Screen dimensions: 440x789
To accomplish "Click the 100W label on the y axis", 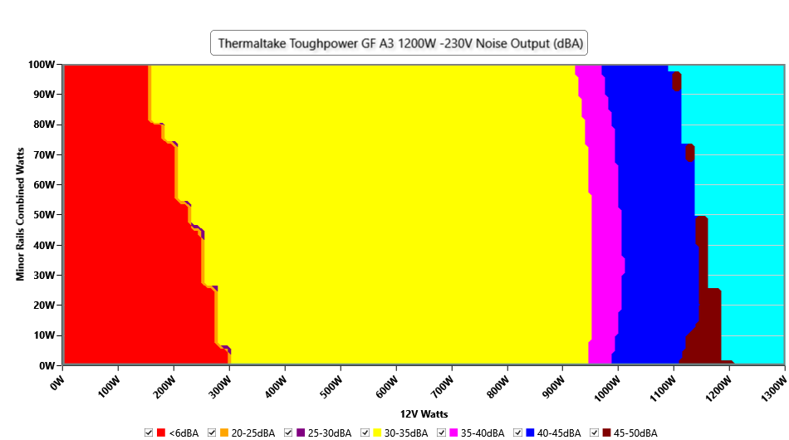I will click(41, 64).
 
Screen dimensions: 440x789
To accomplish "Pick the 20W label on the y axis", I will click(44, 305).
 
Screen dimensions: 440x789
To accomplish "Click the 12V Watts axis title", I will click(424, 413).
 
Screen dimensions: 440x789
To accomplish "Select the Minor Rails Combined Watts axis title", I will click(21, 215).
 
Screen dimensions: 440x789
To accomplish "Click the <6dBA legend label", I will click(183, 433).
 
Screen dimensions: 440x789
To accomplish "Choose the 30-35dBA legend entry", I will click(404, 433).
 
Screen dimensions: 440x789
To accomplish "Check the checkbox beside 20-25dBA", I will click(213, 433).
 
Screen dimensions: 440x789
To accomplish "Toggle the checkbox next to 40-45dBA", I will click(518, 433).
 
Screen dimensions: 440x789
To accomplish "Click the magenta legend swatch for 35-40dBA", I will click(453, 433).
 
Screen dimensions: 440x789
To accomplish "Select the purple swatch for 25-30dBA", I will click(301, 433).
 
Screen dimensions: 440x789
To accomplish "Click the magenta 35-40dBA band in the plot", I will click(602, 208).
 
